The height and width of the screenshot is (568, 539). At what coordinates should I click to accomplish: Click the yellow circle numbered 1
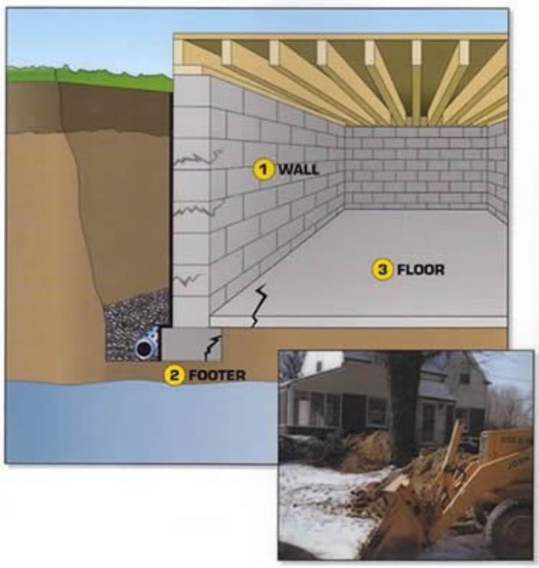pyautogui.click(x=263, y=169)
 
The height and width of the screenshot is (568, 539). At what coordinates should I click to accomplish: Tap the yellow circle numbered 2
pyautogui.click(x=174, y=375)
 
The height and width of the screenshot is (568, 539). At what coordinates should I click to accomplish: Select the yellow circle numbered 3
pyautogui.click(x=382, y=269)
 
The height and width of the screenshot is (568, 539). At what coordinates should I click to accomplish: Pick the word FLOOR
pyautogui.click(x=420, y=270)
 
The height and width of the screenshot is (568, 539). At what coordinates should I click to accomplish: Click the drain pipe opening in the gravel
pyautogui.click(x=144, y=348)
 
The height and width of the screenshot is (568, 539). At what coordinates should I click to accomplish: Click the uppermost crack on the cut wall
pyautogui.click(x=199, y=158)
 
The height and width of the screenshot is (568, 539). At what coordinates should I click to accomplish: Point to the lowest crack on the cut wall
pyautogui.click(x=190, y=279)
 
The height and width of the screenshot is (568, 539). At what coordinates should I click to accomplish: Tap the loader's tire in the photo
pyautogui.click(x=508, y=528)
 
